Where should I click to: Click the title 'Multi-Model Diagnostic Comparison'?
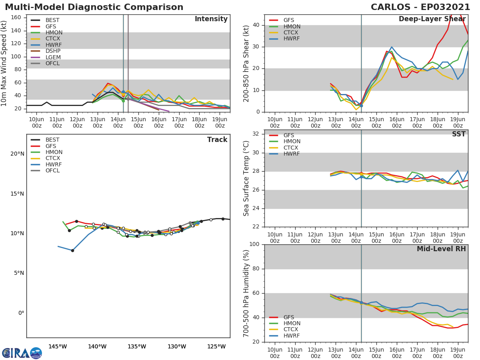(94, 7)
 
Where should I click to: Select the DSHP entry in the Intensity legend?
(53, 51)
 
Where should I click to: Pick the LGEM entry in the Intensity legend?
(53, 57)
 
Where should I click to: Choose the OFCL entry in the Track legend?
(53, 171)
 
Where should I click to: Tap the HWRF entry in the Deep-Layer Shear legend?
(291, 39)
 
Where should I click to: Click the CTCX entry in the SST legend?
(291, 148)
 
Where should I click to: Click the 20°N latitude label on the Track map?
(17, 154)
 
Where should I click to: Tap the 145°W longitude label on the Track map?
(58, 346)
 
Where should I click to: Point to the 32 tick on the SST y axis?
(256, 134)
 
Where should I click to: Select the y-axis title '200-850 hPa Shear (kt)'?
(247, 63)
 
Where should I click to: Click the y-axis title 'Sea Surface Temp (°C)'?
(247, 178)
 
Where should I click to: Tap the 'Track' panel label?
(217, 140)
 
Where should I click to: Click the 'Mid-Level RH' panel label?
(441, 249)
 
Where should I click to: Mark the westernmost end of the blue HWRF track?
(58, 246)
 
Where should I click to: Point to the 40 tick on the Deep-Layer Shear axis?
(256, 25)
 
